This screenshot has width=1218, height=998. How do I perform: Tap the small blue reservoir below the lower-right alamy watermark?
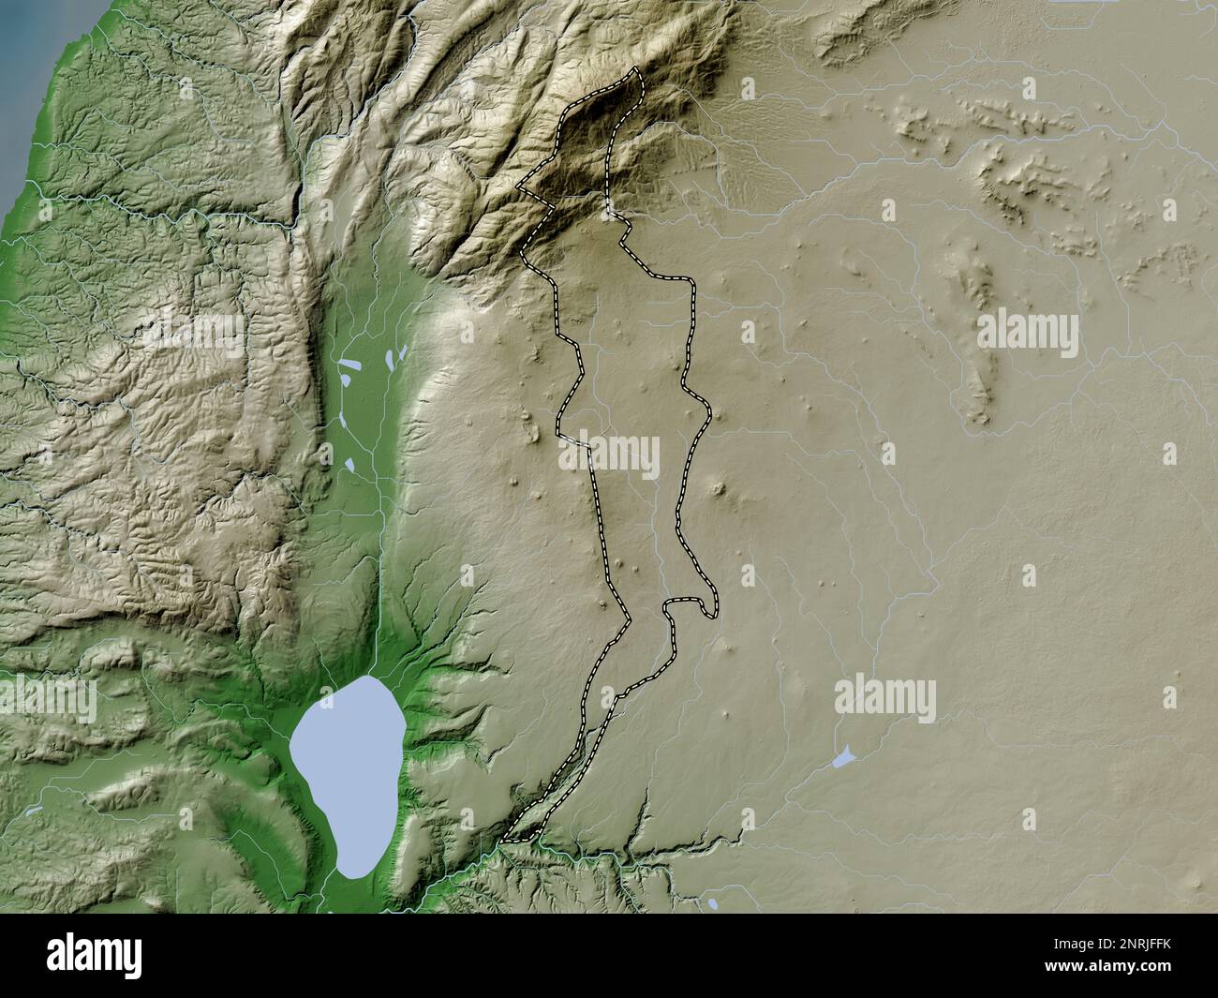(843, 757)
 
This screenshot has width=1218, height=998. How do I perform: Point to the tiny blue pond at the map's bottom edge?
(714, 904)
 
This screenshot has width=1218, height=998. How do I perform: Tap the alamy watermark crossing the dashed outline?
(610, 456)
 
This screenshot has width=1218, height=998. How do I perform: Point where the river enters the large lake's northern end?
(372, 678)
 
